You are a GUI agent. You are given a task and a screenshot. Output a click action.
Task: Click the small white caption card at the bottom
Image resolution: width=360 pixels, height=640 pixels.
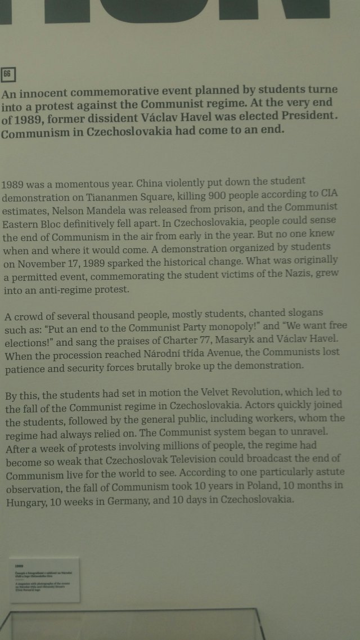44,580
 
